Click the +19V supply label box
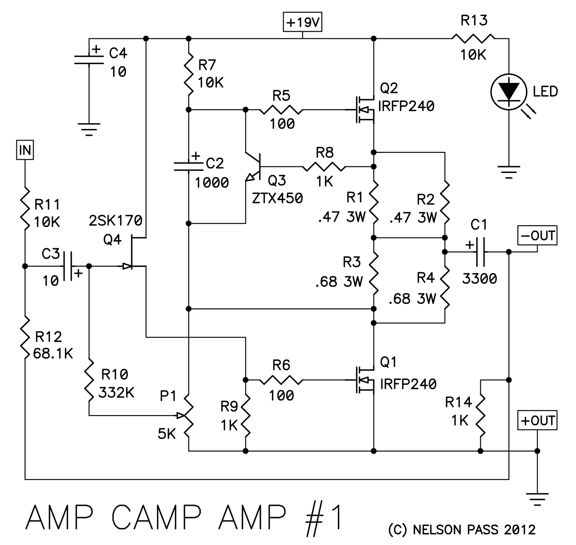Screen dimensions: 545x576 [x=302, y=22]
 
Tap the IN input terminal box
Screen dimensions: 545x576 [x=25, y=150]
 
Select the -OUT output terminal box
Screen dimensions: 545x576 [x=537, y=235]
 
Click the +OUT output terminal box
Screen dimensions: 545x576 [x=537, y=420]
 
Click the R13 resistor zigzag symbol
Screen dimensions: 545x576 [x=473, y=38]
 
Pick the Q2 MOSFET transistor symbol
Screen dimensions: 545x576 [x=363, y=110]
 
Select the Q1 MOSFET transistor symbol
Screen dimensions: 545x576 [x=363, y=380]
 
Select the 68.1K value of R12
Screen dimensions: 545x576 [x=53, y=354]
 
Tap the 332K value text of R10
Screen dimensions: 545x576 [x=116, y=393]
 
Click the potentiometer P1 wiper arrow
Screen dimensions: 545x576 [x=181, y=416]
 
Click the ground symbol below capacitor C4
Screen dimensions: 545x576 [x=89, y=129]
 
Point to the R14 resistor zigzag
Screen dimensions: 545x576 [x=480, y=416]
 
